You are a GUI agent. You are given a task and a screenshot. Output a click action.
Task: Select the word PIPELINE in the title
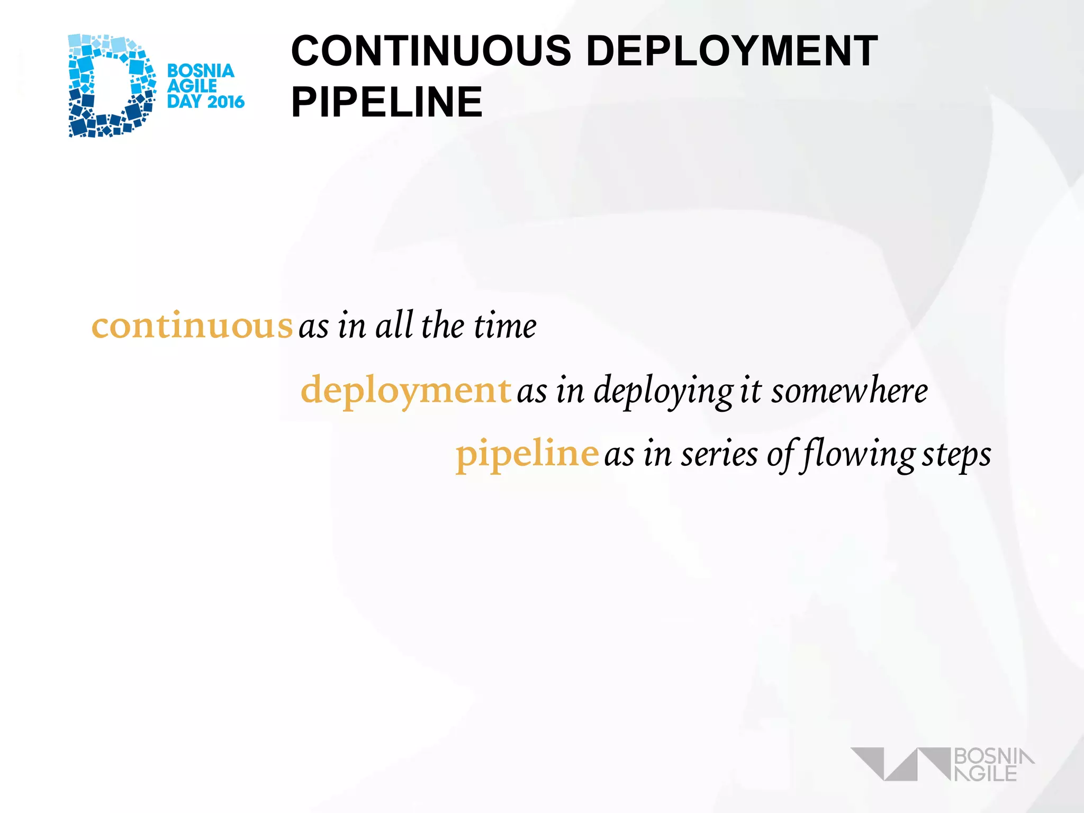point(386,102)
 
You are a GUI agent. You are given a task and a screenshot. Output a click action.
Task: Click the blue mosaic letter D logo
point(111,86)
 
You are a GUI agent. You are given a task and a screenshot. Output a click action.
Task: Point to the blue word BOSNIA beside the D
point(201,71)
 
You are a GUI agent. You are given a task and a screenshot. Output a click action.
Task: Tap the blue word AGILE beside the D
point(192,86)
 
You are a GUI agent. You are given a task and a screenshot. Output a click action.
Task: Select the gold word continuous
point(192,326)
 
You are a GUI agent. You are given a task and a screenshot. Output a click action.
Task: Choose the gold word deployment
point(405,390)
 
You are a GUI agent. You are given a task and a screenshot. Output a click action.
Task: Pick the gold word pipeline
point(527,454)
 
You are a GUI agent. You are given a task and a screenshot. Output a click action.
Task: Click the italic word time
point(505,326)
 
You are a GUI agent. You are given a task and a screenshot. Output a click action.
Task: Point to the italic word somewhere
point(849,391)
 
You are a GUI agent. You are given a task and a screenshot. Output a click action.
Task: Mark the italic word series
point(719,455)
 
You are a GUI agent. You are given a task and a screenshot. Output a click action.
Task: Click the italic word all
point(394,326)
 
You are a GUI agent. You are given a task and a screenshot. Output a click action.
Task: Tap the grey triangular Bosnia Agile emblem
point(900,764)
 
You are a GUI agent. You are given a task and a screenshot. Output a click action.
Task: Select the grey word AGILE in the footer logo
point(986,773)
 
